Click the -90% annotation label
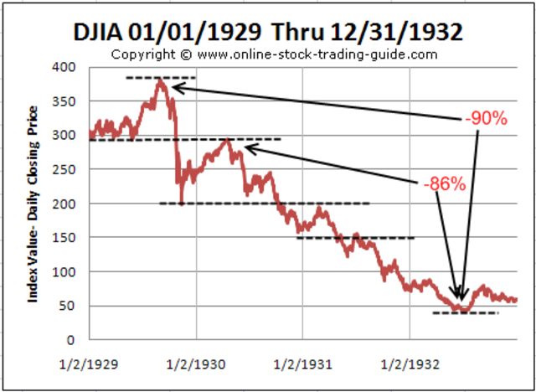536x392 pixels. (x=486, y=119)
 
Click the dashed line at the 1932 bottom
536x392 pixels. (x=465, y=313)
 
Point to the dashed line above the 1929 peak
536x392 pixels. (x=160, y=77)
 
